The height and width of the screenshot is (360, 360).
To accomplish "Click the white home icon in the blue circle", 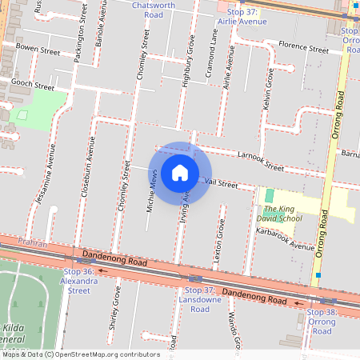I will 180,173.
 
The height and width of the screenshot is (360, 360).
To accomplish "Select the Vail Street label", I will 222,184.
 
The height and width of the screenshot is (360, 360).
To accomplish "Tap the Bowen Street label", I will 38,50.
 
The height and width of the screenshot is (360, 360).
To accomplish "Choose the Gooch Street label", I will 32,86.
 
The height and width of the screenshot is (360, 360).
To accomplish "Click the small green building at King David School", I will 269,196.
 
